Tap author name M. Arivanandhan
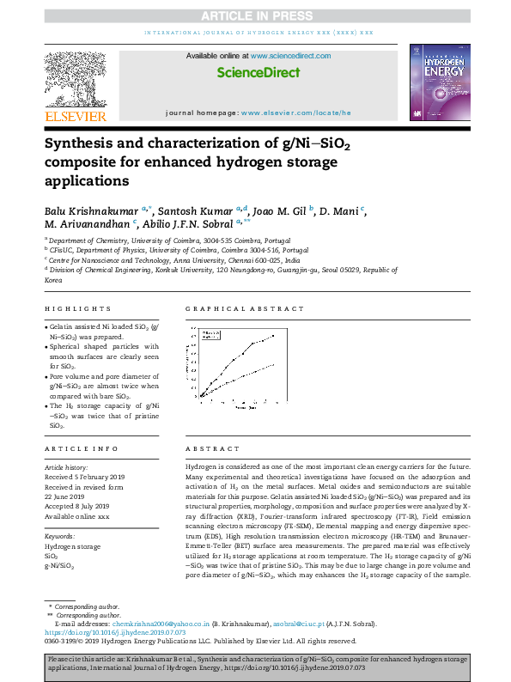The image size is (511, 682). [87, 225]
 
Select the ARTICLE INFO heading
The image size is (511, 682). [82, 449]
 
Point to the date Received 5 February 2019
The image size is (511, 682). [84, 476]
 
